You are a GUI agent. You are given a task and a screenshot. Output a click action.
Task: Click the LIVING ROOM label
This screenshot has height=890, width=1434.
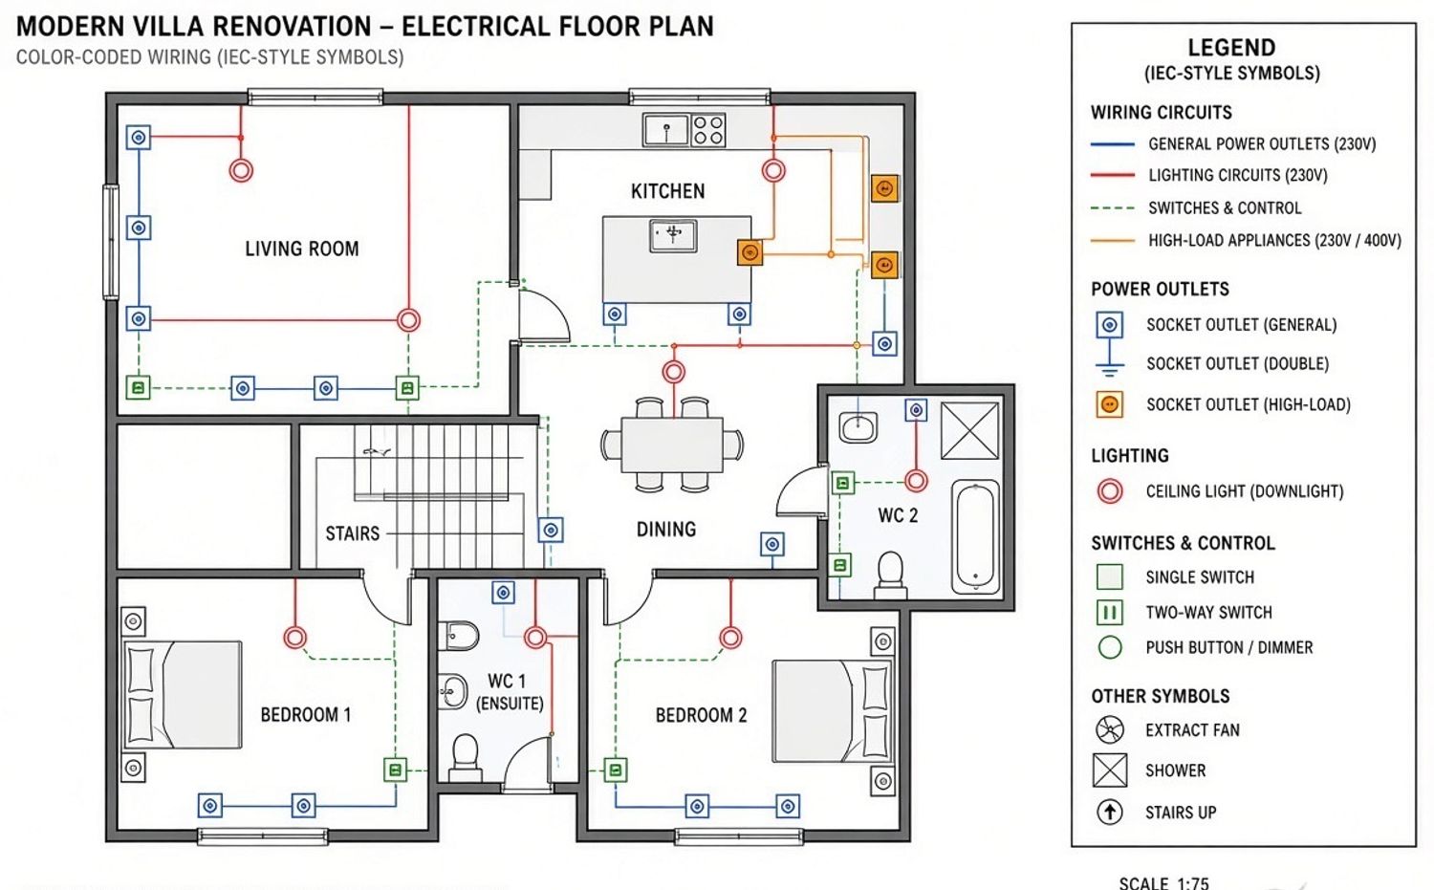pos(301,249)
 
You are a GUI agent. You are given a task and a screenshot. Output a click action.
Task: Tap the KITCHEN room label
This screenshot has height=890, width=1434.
pos(667,191)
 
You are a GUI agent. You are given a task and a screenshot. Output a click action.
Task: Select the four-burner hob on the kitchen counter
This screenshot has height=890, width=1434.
pos(708,130)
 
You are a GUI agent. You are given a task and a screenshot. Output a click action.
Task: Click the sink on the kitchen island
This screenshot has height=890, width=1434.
pos(673,235)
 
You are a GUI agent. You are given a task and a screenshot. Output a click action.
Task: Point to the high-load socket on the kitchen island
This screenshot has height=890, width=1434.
pos(750,252)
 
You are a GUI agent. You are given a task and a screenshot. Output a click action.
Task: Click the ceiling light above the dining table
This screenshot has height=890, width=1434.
pos(673,371)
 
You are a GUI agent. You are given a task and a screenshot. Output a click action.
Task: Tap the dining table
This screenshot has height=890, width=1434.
pos(672,445)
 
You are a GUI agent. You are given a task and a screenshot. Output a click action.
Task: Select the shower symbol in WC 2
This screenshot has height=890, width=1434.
pos(970,430)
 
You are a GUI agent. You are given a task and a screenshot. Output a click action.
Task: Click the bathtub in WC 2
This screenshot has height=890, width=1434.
pos(976,536)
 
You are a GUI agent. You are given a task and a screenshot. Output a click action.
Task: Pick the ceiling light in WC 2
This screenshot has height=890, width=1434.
pos(916,480)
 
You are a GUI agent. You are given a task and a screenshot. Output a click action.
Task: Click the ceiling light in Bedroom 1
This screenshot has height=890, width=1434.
pos(295,638)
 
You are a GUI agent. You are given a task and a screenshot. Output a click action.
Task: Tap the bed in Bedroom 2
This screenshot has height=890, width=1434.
pos(833,711)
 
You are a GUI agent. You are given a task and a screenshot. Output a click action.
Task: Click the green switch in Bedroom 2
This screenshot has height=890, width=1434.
pos(616,770)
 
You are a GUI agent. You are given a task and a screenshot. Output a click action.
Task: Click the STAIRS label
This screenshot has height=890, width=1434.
pos(352,533)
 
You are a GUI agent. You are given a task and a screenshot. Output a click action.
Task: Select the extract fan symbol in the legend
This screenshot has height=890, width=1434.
pos(1109,729)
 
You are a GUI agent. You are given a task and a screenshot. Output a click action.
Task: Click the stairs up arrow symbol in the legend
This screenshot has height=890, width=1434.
pos(1109,812)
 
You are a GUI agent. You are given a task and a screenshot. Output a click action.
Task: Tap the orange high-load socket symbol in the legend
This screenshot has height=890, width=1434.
pos(1109,404)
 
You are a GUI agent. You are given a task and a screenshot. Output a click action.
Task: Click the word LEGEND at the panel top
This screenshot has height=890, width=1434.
pos(1231,48)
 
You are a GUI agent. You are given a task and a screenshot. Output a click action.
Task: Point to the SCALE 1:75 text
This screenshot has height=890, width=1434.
pos(1163,883)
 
